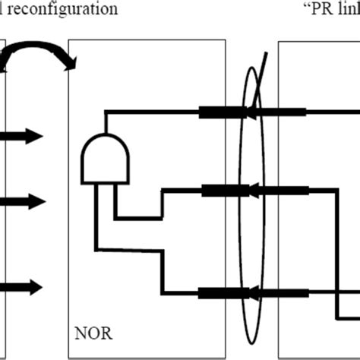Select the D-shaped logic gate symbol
click(105, 158)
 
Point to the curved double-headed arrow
click(38, 58)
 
